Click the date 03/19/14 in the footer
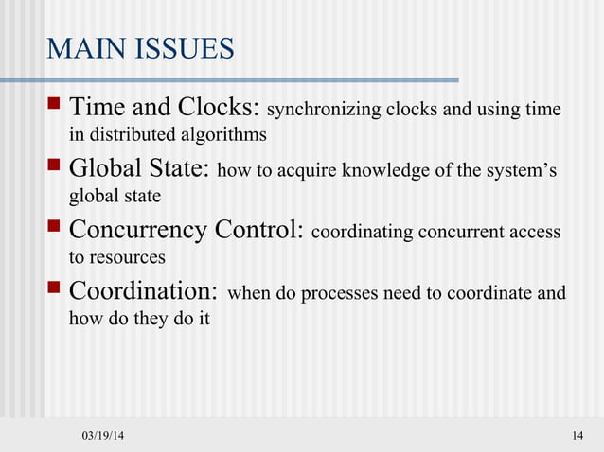pos(102,435)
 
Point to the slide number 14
pos(578,435)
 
